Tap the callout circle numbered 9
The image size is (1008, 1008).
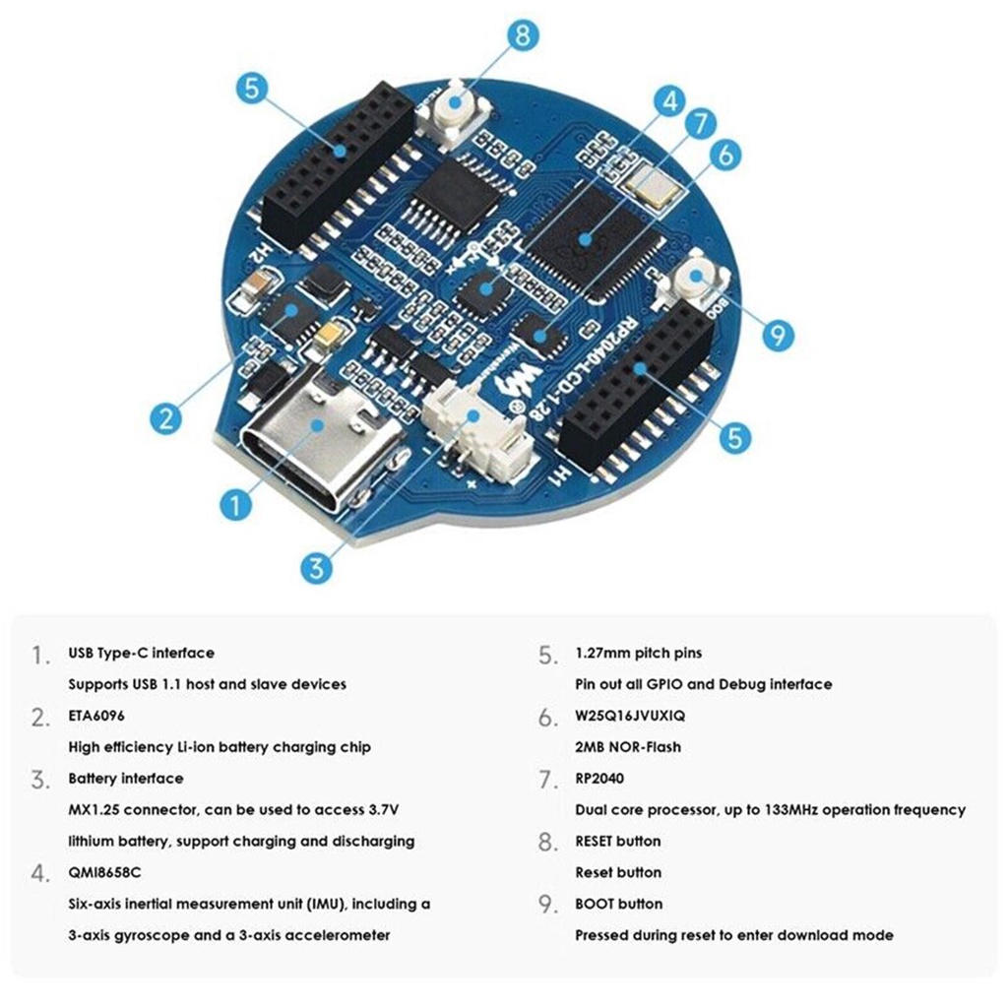[x=779, y=336]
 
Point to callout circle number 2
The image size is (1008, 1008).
[x=165, y=417]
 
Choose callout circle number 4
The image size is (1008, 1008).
[x=670, y=101]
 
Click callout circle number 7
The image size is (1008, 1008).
[x=700, y=125]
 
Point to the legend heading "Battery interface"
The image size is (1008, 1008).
[x=126, y=779]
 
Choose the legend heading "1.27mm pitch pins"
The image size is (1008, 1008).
[x=639, y=653]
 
